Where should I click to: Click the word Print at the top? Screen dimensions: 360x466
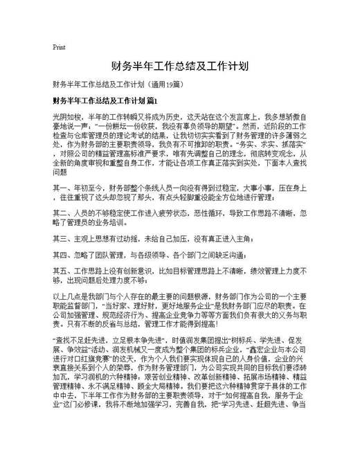[x=60, y=47]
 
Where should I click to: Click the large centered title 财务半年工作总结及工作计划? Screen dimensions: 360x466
[x=179, y=66]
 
